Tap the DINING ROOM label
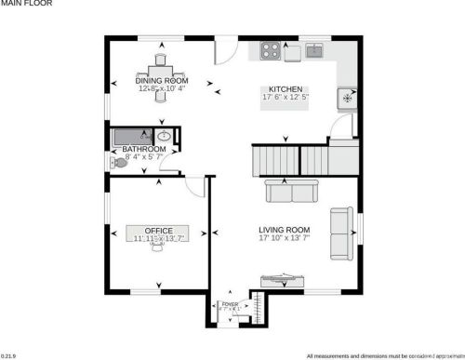(x=162, y=81)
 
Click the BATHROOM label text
(x=143, y=149)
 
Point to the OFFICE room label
(x=159, y=230)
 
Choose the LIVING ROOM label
(x=284, y=229)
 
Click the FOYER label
(x=229, y=303)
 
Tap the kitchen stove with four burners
(x=272, y=51)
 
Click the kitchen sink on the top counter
(x=314, y=50)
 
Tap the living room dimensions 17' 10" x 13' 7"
(x=284, y=238)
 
